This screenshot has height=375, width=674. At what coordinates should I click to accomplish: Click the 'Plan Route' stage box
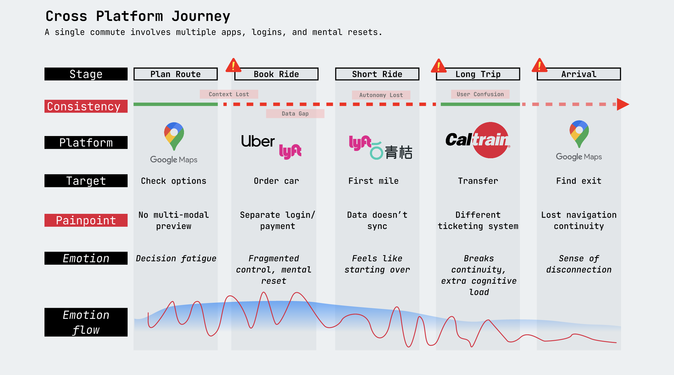point(176,74)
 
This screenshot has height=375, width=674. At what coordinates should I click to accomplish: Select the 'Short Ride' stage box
point(377,74)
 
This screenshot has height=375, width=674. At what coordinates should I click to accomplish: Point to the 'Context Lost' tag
point(229,94)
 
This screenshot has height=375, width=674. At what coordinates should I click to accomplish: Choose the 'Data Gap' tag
point(295,113)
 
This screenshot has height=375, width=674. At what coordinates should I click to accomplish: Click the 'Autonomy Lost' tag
point(381,95)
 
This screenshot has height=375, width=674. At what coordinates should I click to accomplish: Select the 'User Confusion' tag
point(480,94)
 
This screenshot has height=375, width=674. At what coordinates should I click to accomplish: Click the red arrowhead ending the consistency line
point(622,104)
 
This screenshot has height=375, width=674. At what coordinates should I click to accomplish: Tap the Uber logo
point(258,141)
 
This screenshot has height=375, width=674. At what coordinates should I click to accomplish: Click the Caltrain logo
point(478,140)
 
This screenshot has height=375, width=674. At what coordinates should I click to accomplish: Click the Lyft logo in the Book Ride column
point(290,151)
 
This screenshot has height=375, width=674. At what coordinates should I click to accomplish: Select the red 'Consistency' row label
point(86,106)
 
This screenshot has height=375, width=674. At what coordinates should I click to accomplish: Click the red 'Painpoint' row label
point(86,220)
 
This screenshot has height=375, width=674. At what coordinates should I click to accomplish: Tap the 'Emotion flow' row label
point(86,322)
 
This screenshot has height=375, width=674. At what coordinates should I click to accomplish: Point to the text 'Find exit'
point(579,181)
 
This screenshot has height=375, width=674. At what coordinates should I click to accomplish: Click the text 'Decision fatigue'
point(176,258)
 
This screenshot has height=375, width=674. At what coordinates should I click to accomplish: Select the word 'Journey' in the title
point(201,16)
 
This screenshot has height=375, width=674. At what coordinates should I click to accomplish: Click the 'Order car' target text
point(276,181)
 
